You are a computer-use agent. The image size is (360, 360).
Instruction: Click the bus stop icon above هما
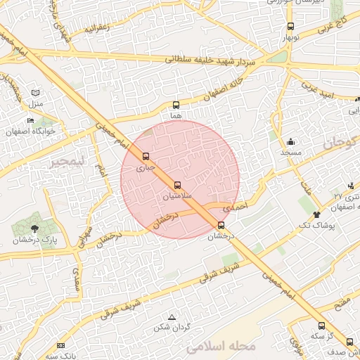click(x=176, y=105)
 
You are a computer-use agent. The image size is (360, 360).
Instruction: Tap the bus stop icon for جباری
click(x=146, y=156)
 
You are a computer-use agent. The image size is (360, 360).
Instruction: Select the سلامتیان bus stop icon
click(x=176, y=185)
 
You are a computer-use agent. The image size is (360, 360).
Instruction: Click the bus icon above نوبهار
click(x=290, y=27)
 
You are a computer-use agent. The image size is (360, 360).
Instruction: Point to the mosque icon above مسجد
click(x=290, y=142)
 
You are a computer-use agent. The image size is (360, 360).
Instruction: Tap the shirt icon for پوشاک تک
click(x=316, y=214)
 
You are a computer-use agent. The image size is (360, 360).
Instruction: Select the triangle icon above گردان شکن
click(x=172, y=317)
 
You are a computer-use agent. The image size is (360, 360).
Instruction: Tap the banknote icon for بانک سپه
click(x=60, y=345)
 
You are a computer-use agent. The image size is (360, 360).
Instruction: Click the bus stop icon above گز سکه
click(x=321, y=326)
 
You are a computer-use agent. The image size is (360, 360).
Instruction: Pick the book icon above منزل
click(x=36, y=93)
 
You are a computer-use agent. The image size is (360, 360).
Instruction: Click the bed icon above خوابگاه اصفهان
click(x=30, y=120)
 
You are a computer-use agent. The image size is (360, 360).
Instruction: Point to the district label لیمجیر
click(x=67, y=162)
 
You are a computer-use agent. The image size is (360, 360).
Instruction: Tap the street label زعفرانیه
click(x=96, y=30)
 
